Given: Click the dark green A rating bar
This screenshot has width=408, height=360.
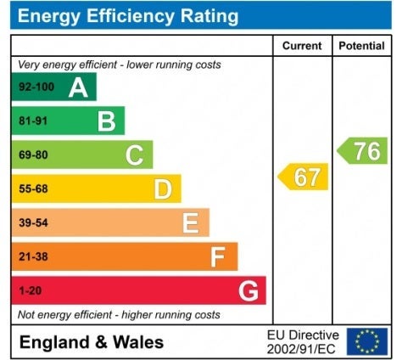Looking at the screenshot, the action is (x=54, y=87).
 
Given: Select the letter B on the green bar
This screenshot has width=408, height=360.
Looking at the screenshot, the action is (x=107, y=121).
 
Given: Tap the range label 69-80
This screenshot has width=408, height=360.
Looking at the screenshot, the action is (x=33, y=155).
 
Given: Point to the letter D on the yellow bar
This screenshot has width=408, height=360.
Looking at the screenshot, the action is (x=163, y=189).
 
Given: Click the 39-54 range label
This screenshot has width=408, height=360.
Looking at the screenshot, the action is (x=33, y=222).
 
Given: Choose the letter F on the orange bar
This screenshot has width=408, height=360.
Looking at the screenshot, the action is (x=218, y=257).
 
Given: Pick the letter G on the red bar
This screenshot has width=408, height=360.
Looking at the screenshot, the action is (x=249, y=291).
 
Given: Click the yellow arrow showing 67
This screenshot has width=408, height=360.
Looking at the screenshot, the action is (x=303, y=177).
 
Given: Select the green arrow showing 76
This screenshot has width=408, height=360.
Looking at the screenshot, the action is (x=362, y=150).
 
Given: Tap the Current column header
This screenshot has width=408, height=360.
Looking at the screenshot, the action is (x=302, y=46).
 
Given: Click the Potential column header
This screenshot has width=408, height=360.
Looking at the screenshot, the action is (x=361, y=46).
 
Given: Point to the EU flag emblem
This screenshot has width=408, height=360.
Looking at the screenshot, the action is (x=367, y=341).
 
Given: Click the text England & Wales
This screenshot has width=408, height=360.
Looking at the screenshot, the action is (x=92, y=342).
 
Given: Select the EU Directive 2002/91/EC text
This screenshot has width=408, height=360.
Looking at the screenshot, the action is (x=303, y=342).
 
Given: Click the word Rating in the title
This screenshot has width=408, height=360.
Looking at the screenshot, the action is (x=210, y=15).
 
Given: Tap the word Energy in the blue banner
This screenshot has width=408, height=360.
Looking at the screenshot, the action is (x=49, y=16).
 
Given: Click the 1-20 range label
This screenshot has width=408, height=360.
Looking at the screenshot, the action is (x=30, y=290).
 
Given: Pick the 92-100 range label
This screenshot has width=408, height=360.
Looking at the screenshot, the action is (x=36, y=87).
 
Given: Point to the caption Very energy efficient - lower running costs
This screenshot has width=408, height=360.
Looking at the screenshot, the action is (x=120, y=65).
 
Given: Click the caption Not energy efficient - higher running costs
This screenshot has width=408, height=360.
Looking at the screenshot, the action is (x=119, y=315).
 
